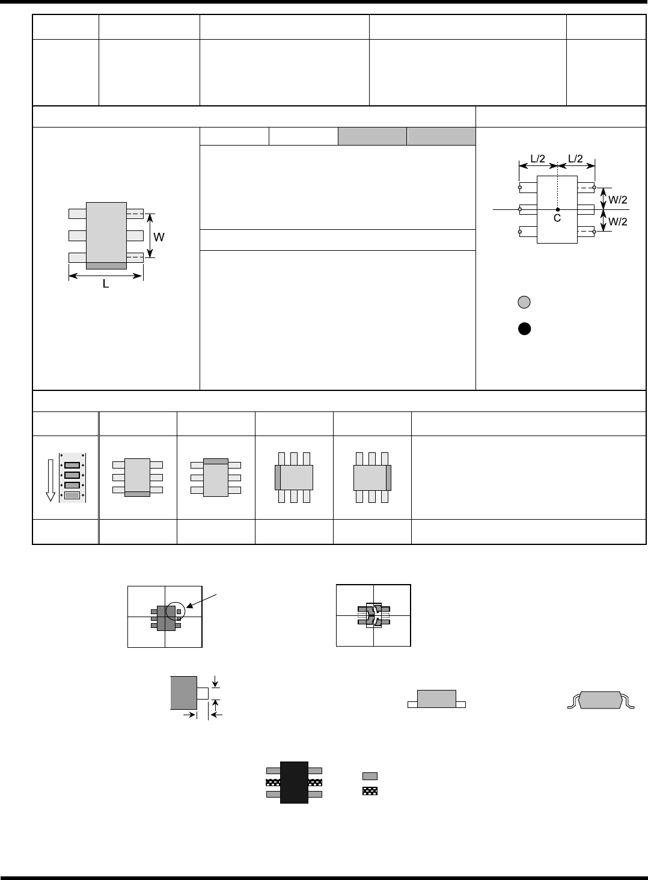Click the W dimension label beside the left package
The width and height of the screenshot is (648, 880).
159,238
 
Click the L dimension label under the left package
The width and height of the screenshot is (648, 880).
105,284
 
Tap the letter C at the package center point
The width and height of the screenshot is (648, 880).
557,218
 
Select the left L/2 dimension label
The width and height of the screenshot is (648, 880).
537,159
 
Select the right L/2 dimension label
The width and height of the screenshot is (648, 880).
576,159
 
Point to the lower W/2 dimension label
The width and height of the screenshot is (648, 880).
618,221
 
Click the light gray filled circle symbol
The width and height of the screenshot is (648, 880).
524,303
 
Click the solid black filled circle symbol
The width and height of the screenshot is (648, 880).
524,329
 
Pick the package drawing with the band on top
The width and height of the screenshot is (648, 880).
216,478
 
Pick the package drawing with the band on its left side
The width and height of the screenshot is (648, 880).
294,478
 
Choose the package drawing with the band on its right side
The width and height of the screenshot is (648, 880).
372,478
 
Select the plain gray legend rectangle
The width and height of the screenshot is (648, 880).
370,776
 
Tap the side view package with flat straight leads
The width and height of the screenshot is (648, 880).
436,700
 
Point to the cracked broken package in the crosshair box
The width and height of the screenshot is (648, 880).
374,615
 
